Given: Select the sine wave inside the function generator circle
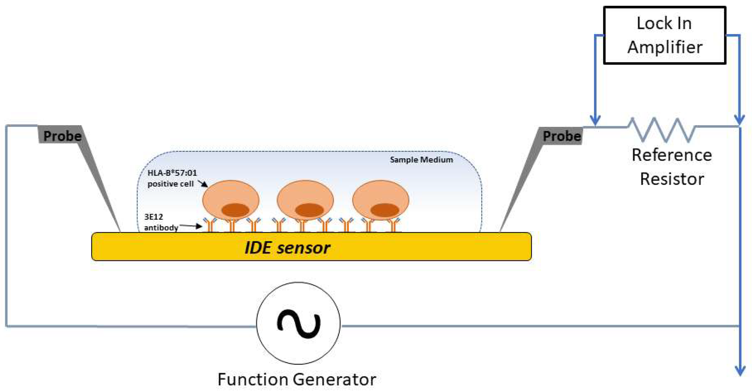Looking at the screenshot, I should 298,323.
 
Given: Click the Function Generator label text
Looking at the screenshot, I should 297,379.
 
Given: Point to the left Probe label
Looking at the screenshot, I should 62,136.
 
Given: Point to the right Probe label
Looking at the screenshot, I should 562,136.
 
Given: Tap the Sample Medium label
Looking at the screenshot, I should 421,160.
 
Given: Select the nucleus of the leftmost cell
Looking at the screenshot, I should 235,210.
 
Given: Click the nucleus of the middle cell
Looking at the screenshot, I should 309,210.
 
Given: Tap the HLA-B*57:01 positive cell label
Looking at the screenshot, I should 172,178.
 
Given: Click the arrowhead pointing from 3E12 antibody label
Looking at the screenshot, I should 199,226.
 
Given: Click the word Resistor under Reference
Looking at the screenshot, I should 672,179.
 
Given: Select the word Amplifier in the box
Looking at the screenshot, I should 665,47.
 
